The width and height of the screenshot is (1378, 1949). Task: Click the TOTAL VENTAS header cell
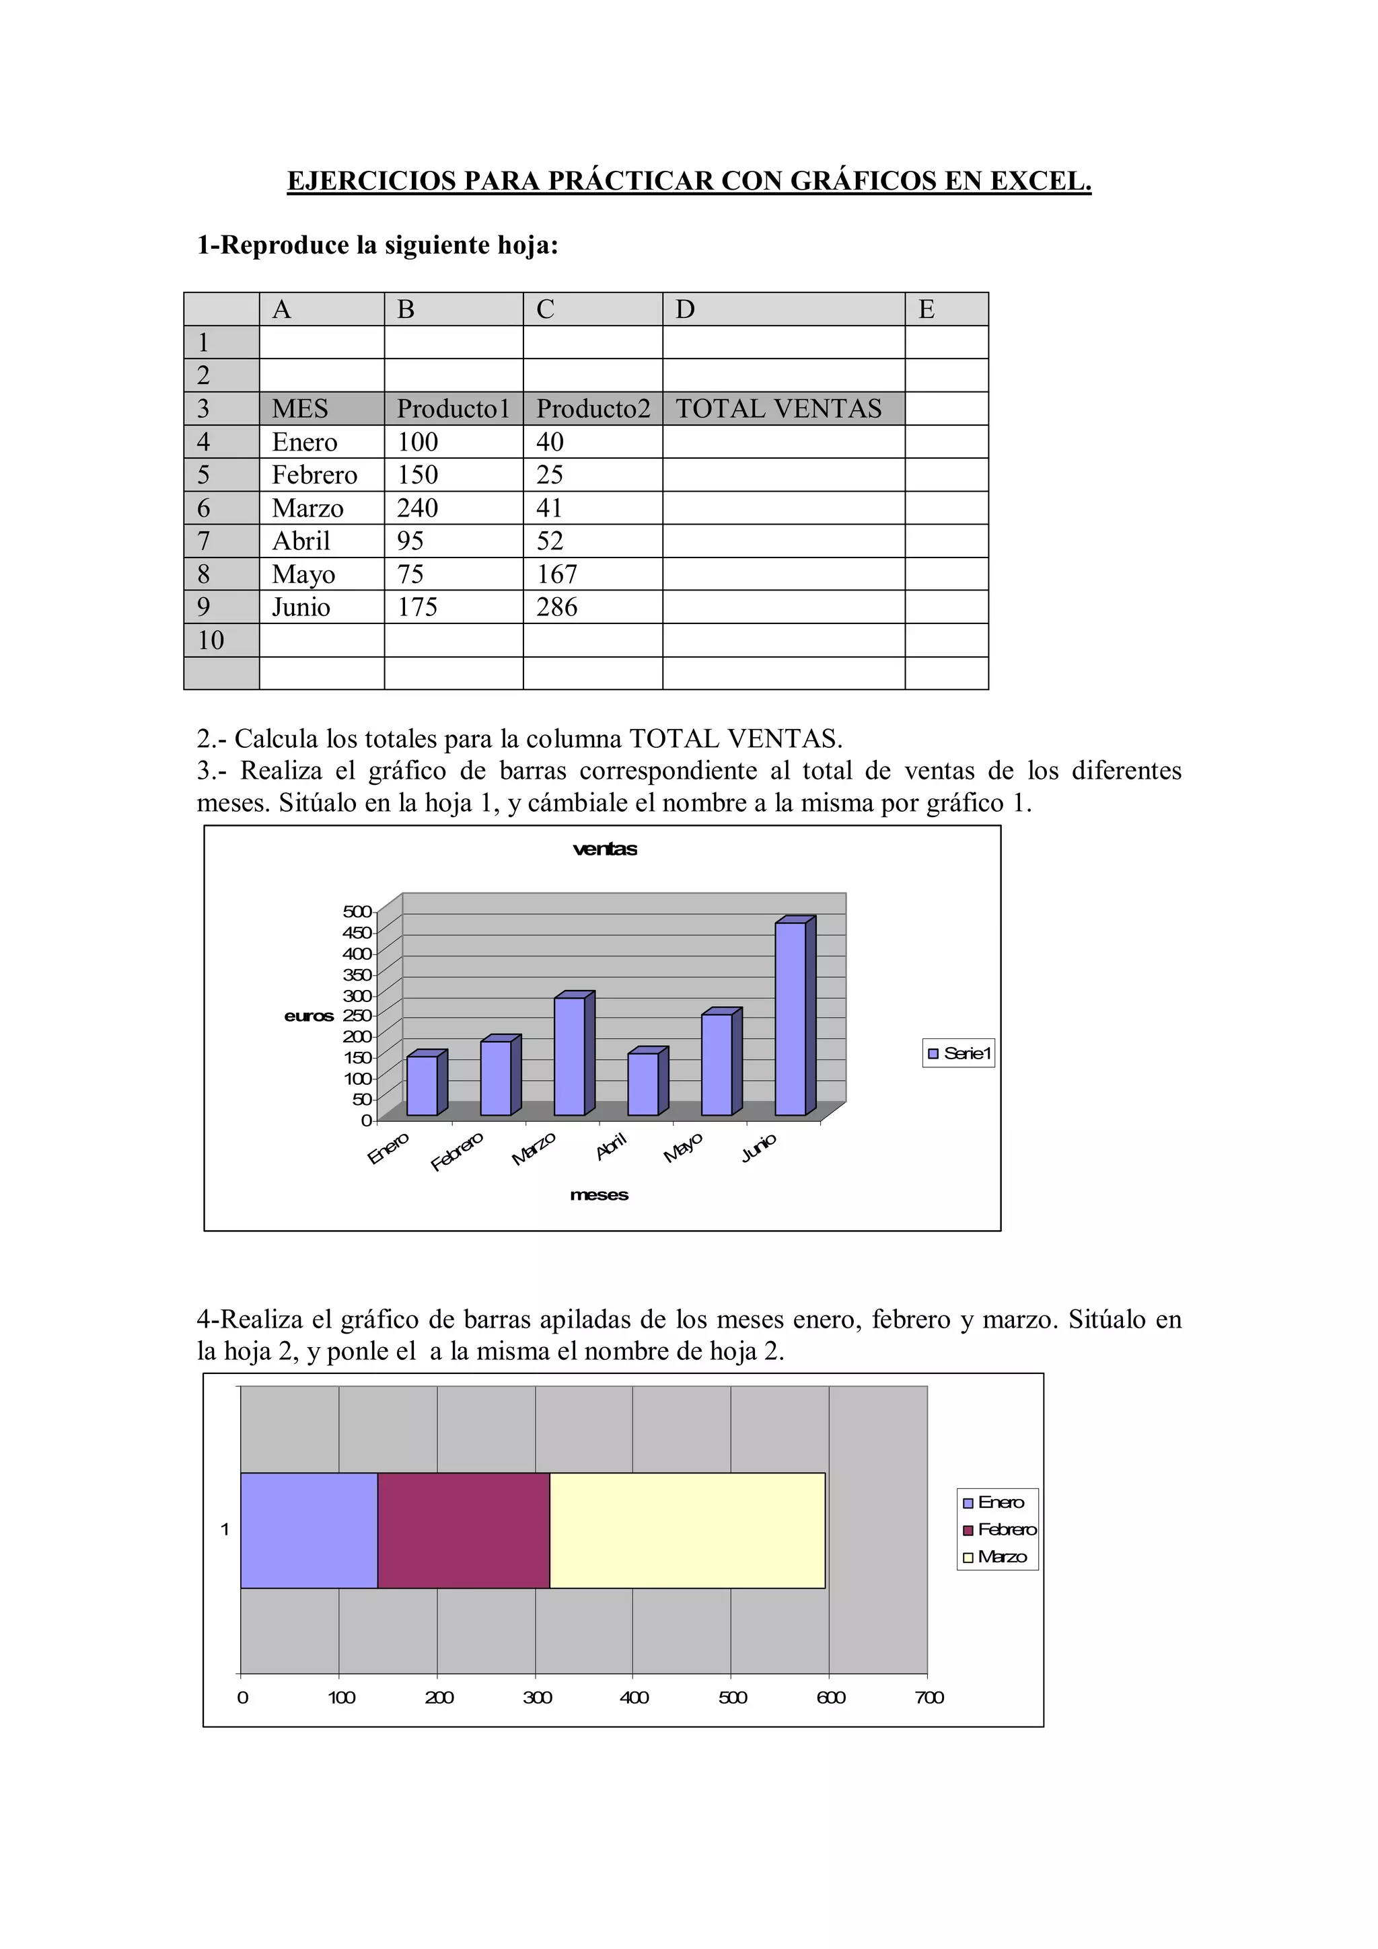tap(783, 408)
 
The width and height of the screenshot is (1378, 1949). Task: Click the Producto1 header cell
tap(454, 408)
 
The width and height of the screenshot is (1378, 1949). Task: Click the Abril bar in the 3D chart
tap(643, 1084)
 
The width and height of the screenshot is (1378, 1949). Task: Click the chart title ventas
tap(604, 849)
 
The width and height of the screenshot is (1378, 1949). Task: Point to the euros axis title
tap(309, 1016)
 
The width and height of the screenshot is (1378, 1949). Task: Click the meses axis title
tap(600, 1195)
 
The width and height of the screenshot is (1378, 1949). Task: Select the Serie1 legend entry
tap(959, 1053)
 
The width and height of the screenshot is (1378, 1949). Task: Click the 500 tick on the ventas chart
tap(357, 912)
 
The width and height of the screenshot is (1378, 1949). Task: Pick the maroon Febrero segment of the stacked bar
tap(464, 1529)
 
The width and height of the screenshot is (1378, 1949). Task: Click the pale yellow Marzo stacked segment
tap(687, 1529)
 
